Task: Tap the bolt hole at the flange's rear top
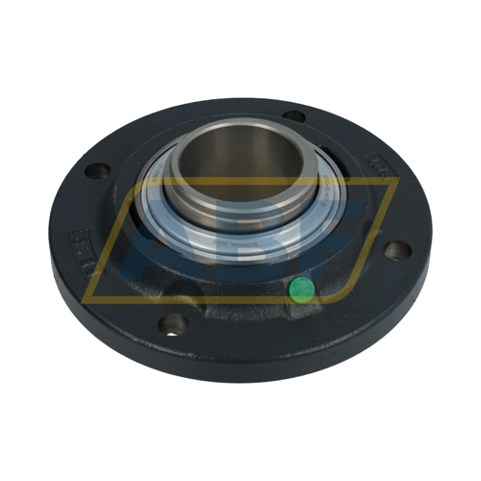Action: [x=294, y=116]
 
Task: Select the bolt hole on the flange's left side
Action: [x=95, y=173]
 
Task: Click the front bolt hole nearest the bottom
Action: [x=173, y=325]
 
